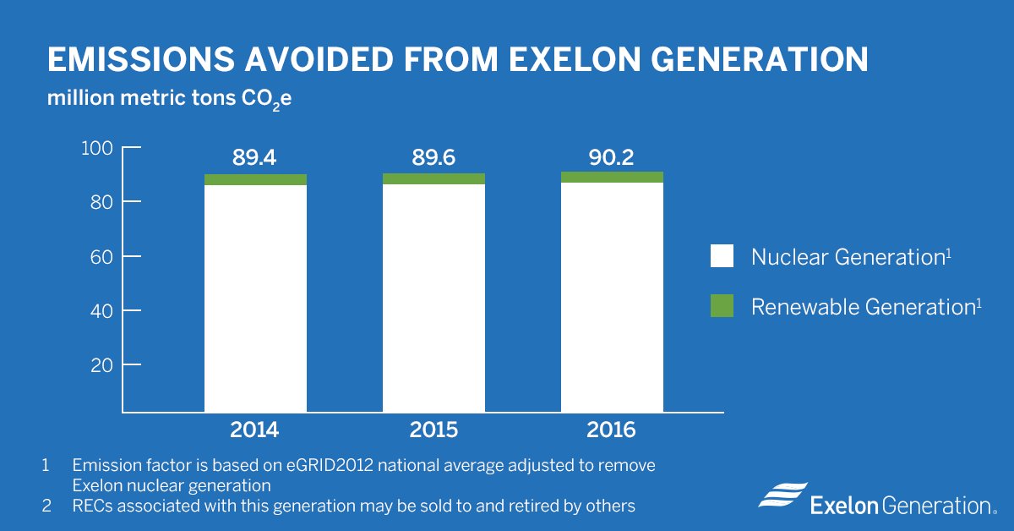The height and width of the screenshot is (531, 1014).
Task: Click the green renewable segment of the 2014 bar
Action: pos(255,179)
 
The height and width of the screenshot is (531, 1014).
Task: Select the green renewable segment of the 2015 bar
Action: pos(433,178)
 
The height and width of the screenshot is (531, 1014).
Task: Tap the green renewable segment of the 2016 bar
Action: pos(612,177)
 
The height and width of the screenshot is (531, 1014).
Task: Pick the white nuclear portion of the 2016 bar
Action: pos(612,297)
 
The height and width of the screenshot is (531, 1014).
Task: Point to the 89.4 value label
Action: pos(254,157)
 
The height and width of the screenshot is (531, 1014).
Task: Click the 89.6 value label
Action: pos(433,157)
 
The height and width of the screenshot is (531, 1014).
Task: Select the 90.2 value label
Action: pos(612,157)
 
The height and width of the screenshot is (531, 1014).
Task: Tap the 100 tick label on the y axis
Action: pos(96,148)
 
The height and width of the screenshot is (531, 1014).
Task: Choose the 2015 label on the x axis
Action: pos(433,430)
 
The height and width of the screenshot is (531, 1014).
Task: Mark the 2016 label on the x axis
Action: pos(612,430)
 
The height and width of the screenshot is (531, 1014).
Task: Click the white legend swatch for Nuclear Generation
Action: pos(722,257)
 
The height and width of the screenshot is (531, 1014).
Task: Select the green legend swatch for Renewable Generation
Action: pos(722,306)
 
